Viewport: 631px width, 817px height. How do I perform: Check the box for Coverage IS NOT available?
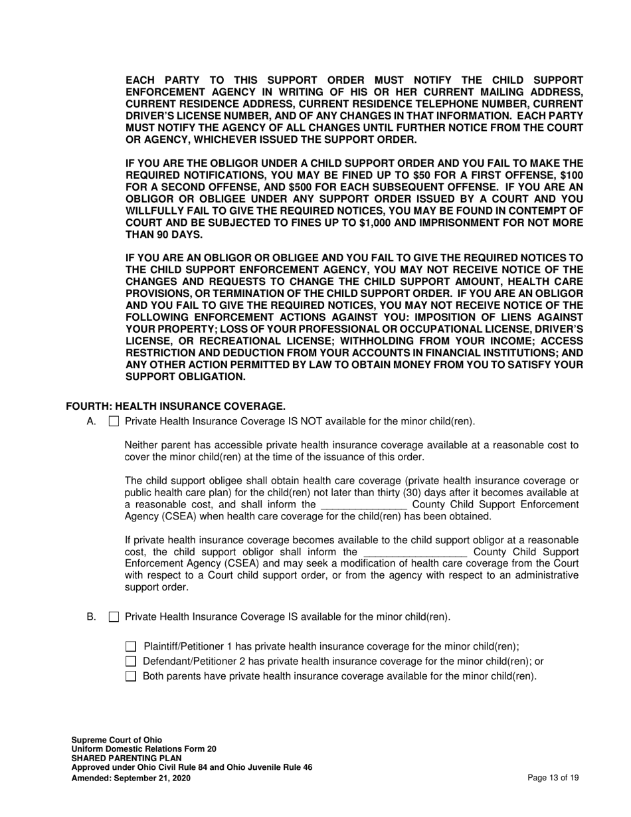pyautogui.click(x=114, y=421)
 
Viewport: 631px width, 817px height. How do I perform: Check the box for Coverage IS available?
pyautogui.click(x=114, y=617)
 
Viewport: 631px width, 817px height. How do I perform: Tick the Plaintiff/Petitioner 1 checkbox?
pyautogui.click(x=131, y=646)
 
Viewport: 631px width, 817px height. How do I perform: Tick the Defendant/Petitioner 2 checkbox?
pyautogui.click(x=131, y=662)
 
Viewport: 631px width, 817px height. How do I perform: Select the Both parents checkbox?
pyautogui.click(x=131, y=677)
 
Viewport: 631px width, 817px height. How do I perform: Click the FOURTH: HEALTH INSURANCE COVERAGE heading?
pyautogui.click(x=176, y=406)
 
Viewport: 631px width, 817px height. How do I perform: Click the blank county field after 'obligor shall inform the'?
pyautogui.click(x=416, y=553)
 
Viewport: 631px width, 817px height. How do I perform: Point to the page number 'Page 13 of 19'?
pyautogui.click(x=553, y=778)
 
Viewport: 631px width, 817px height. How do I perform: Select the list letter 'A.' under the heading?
pyautogui.click(x=92, y=421)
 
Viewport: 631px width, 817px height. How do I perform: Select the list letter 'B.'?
pyautogui.click(x=92, y=617)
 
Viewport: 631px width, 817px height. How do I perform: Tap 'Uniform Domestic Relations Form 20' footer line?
pyautogui.click(x=143, y=749)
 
